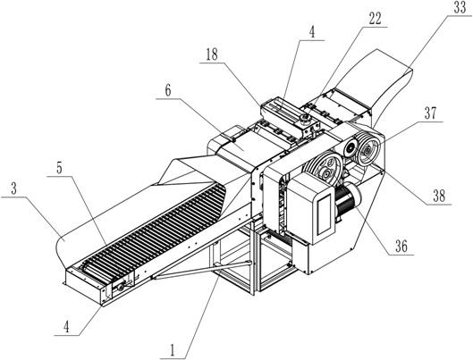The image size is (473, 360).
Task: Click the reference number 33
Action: point(460,8)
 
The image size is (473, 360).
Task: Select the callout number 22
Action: point(376,20)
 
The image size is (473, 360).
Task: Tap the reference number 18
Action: point(212,54)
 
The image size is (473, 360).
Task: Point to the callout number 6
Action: point(168,90)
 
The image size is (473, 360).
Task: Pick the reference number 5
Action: point(59,169)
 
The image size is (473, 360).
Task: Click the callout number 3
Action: point(13,188)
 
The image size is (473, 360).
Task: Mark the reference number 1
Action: point(173,350)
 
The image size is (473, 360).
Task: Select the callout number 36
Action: point(401,247)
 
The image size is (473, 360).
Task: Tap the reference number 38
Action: point(439,197)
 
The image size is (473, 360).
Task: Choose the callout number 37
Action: point(430,113)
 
